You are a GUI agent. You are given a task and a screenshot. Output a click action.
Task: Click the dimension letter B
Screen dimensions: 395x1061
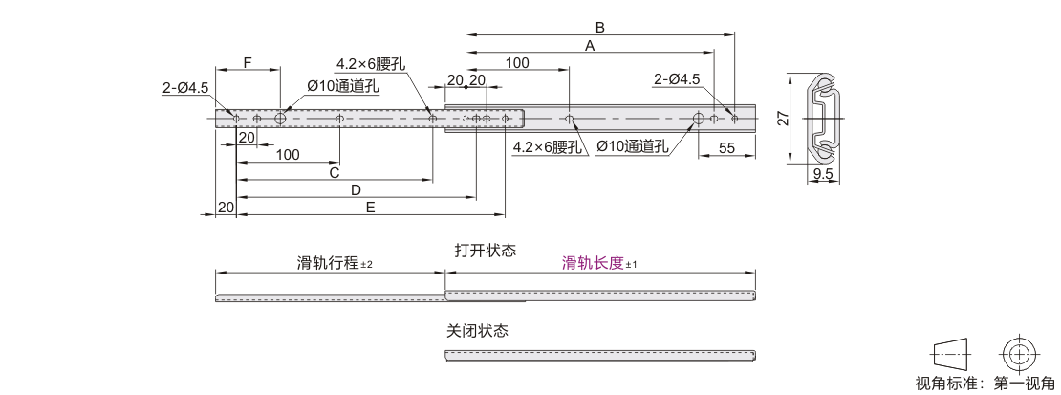[600, 27]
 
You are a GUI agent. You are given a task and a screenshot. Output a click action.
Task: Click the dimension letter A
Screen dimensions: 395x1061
[590, 45]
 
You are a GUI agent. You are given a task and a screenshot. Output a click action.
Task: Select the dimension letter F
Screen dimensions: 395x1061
[248, 63]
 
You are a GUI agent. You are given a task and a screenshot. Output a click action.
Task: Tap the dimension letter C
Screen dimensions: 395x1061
[335, 173]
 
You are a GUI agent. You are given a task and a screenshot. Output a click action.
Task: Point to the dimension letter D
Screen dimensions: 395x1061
[356, 189]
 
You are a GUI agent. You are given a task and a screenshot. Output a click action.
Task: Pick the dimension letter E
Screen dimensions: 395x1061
[370, 207]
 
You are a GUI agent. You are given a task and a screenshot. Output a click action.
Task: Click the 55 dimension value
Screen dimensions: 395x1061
[726, 147]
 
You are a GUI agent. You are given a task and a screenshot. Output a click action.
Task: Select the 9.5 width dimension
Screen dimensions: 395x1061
[824, 174]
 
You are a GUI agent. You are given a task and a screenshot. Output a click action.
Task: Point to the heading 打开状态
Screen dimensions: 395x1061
[485, 251]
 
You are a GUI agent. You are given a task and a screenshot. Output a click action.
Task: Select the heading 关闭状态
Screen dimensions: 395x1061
[477, 331]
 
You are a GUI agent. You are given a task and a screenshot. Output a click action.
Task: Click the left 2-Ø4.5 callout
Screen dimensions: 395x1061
[184, 88]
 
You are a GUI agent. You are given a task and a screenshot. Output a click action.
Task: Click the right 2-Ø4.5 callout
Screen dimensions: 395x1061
[677, 79]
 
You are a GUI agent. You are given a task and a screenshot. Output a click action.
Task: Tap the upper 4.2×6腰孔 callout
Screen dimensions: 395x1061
[370, 64]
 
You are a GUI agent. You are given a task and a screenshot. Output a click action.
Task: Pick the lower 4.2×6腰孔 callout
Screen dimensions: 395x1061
[547, 147]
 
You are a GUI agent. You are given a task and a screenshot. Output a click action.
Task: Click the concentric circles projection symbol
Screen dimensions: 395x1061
[1019, 353]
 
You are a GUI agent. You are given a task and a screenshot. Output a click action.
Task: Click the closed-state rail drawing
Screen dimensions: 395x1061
[602, 356]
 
